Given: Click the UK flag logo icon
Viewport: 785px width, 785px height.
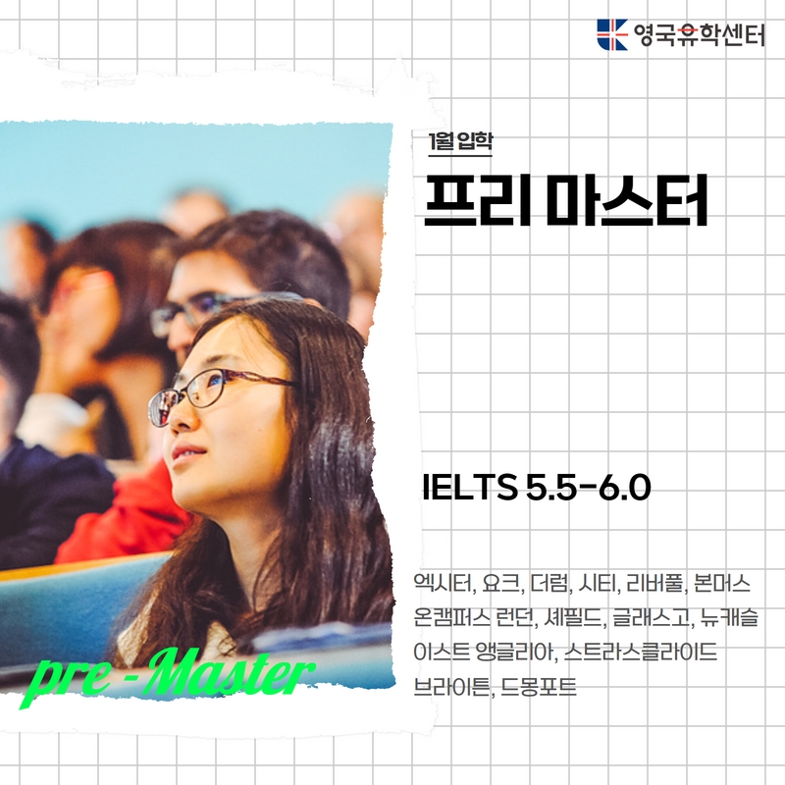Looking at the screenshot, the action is click(x=611, y=34).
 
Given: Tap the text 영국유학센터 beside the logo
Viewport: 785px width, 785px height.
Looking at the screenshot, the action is click(x=699, y=35).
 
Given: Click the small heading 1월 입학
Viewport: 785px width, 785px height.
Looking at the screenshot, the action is click(x=460, y=141).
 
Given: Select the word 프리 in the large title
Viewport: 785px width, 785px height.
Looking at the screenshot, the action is click(x=478, y=200).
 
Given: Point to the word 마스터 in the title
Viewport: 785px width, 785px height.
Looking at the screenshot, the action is click(x=627, y=200).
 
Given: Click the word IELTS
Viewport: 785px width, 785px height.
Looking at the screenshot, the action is click(x=470, y=488).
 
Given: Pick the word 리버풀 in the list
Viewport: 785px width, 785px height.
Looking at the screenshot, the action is click(x=654, y=584).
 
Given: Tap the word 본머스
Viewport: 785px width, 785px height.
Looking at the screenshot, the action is click(x=722, y=584).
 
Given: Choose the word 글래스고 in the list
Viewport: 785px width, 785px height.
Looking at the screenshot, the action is click(x=651, y=618).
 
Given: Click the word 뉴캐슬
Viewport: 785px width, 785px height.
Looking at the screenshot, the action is click(x=729, y=618).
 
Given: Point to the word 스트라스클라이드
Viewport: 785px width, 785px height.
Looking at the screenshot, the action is click(x=641, y=652).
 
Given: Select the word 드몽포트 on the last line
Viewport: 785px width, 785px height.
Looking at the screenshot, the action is click(x=539, y=686).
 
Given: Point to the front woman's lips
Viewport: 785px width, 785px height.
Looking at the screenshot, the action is click(x=188, y=452).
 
